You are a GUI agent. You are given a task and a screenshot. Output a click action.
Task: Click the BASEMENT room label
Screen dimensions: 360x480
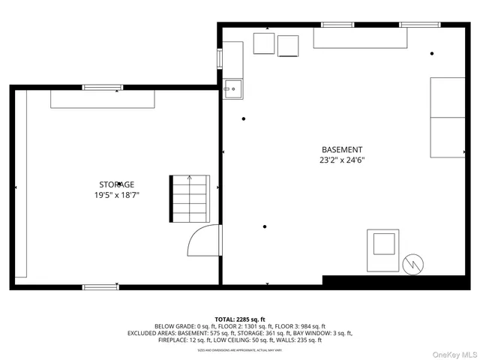pyautogui.click(x=342, y=149)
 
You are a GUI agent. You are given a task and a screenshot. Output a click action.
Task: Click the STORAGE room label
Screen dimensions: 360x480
pyautogui.click(x=117, y=184)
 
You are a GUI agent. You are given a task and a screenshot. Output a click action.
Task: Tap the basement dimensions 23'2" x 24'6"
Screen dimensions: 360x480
pyautogui.click(x=342, y=160)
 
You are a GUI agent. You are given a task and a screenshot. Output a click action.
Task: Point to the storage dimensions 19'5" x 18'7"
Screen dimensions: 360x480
pyautogui.click(x=117, y=195)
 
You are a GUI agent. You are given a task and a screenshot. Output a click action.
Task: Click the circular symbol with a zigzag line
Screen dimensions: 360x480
pyautogui.click(x=412, y=264)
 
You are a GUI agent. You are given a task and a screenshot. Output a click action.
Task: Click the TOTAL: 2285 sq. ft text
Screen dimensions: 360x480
pyautogui.click(x=239, y=319)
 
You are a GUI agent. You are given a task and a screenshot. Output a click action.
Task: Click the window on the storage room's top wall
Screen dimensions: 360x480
pyautogui.click(x=102, y=87)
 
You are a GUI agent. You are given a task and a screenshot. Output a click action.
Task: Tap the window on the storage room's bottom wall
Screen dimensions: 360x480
pyautogui.click(x=100, y=286)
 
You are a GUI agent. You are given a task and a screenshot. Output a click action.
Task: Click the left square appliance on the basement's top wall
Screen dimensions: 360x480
pyautogui.click(x=264, y=43)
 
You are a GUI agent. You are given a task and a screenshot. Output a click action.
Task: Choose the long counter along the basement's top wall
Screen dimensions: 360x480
pyautogui.click(x=360, y=38)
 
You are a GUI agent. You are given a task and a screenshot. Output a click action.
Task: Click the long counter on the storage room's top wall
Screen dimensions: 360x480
pyautogui.click(x=103, y=99)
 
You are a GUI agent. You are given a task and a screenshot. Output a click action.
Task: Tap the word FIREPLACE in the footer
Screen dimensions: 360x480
pyautogui.click(x=175, y=340)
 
